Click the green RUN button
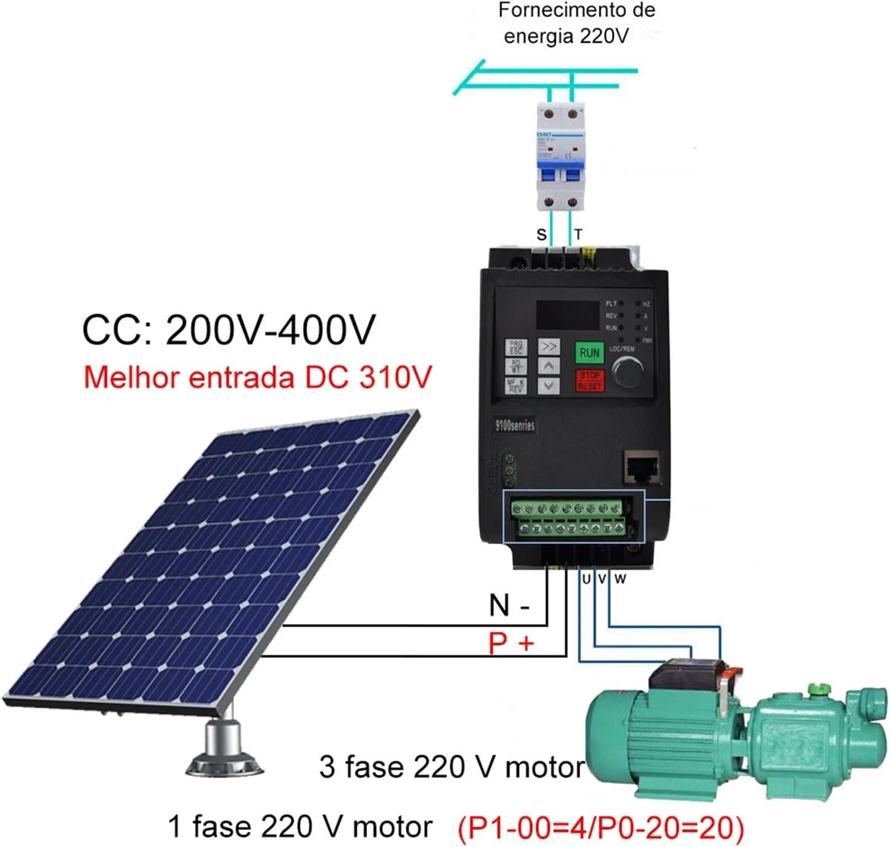[x=589, y=353]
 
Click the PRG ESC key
[x=516, y=348]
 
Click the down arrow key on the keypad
[x=548, y=386]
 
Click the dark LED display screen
[x=568, y=315]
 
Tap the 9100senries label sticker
[x=514, y=425]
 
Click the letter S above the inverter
[x=541, y=234]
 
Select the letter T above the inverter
[x=578, y=234]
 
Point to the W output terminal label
[x=620, y=579]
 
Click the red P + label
[x=511, y=644]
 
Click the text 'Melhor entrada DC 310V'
[x=257, y=377]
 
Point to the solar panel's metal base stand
[x=224, y=748]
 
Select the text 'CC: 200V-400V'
[x=228, y=330]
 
